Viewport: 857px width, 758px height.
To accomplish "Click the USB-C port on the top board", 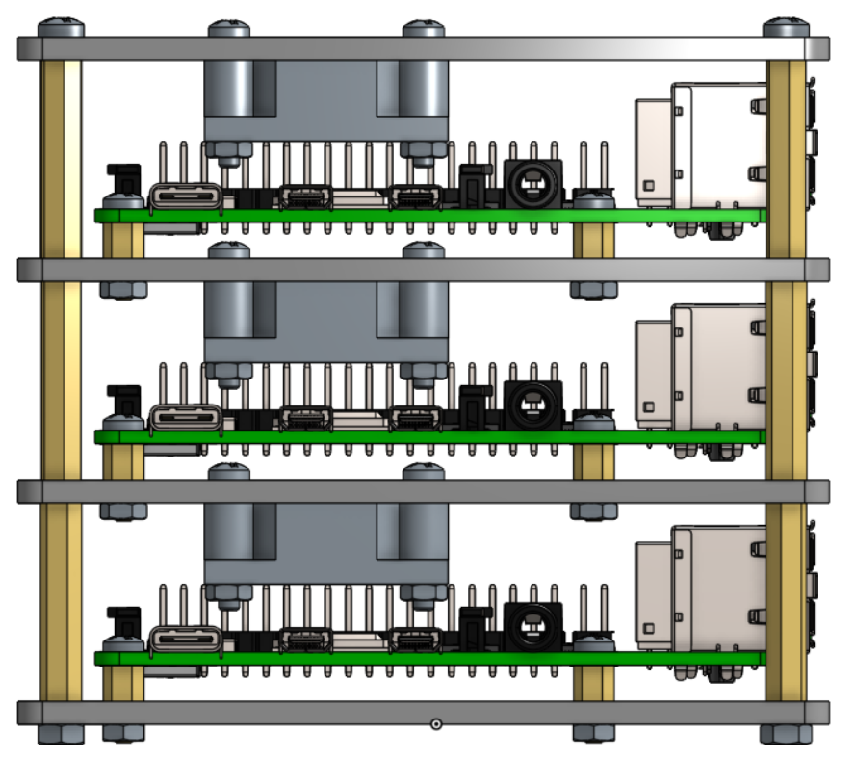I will tap(186, 197).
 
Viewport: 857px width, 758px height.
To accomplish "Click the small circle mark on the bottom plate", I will tap(435, 723).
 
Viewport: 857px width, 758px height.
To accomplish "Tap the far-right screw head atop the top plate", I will tap(786, 27).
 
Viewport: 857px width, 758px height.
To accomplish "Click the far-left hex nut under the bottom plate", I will tap(60, 734).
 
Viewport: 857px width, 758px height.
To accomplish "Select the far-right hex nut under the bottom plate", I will tap(785, 734).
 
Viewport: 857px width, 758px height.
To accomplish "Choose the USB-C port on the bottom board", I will tap(186, 640).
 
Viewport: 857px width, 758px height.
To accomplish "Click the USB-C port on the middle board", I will tap(186, 419).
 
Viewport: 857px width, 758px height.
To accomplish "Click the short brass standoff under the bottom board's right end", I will tap(593, 683).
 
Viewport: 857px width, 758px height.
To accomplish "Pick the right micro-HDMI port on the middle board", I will tap(416, 419).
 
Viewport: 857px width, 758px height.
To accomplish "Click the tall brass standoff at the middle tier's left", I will tap(60, 380).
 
